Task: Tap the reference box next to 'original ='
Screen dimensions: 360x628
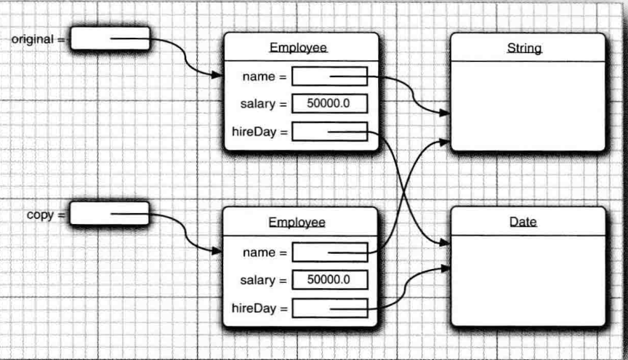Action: click(x=110, y=39)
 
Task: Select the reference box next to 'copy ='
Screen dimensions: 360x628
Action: click(x=109, y=214)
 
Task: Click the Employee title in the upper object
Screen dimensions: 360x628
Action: click(x=298, y=49)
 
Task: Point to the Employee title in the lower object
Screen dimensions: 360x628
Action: click(x=297, y=223)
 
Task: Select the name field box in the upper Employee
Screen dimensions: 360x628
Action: click(x=329, y=76)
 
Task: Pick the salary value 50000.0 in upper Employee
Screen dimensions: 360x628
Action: click(x=329, y=103)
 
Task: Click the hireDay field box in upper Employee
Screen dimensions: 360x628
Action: click(x=329, y=132)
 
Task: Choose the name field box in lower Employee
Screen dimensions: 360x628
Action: click(x=329, y=252)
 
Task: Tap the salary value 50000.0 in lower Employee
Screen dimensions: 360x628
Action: click(x=329, y=280)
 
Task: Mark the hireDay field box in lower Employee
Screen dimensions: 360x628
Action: click(x=329, y=308)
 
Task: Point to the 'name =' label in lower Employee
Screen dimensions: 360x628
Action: click(x=265, y=253)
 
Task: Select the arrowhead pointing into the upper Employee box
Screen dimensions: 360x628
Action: click(x=218, y=76)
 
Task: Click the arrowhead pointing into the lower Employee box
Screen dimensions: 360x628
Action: click(x=217, y=252)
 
